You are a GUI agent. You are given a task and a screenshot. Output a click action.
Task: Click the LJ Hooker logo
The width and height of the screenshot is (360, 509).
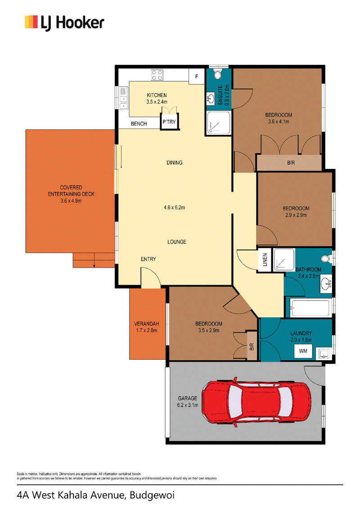(64, 23)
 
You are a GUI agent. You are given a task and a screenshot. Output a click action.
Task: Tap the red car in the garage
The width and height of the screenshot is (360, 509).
(256, 402)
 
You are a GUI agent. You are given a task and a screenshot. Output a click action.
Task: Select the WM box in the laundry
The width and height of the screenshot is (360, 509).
(303, 351)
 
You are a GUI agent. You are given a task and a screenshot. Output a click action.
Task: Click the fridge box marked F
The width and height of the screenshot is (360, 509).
(197, 76)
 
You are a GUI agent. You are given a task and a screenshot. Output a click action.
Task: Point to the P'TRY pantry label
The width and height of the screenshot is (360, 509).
(169, 122)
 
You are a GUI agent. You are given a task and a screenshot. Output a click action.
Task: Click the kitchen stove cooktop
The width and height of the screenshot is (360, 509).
(157, 75)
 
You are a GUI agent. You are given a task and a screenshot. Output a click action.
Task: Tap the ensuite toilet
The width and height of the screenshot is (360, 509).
(218, 74)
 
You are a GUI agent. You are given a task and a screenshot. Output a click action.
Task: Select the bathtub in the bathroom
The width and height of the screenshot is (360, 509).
(310, 308)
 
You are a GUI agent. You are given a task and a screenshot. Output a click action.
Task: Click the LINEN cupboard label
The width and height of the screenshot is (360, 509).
(265, 260)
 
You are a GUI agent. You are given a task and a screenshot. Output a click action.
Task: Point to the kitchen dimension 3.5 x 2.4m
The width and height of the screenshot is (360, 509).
(157, 102)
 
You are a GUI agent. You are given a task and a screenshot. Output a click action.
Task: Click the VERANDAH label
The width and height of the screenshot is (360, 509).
(147, 324)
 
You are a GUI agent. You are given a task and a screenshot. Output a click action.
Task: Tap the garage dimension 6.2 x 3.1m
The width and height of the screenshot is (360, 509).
(188, 405)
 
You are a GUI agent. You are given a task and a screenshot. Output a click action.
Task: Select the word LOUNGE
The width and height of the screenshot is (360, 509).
(177, 242)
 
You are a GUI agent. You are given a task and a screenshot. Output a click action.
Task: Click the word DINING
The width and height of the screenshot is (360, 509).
(175, 163)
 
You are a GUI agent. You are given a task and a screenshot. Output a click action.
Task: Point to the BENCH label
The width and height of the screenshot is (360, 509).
(139, 124)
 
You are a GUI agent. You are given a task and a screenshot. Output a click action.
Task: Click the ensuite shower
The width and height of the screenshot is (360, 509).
(219, 122)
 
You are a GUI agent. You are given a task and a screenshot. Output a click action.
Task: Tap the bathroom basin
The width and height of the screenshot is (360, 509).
(325, 284)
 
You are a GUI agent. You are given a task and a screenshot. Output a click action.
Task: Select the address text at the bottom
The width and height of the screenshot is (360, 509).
(96, 496)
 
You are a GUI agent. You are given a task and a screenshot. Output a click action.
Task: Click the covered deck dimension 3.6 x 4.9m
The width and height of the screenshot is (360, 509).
(71, 201)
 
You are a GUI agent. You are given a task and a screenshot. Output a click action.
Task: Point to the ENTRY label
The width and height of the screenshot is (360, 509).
(148, 259)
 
